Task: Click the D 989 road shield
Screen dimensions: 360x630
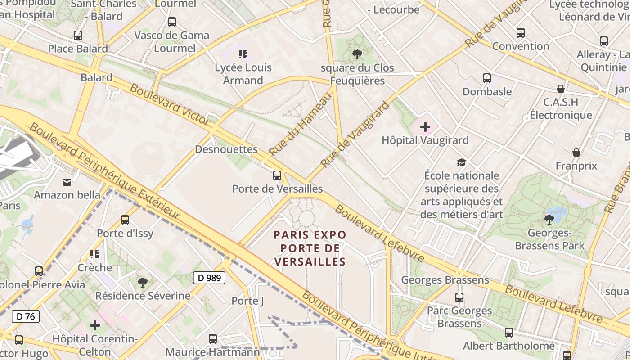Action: pyautogui.click(x=209, y=278)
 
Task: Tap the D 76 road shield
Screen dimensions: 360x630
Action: pyautogui.click(x=26, y=316)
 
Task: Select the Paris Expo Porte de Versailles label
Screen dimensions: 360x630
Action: pyautogui.click(x=310, y=248)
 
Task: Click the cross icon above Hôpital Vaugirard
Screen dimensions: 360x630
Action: pyautogui.click(x=425, y=127)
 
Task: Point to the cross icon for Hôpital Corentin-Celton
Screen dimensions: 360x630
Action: pyautogui.click(x=94, y=325)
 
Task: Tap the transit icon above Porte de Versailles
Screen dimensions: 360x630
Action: pyautogui.click(x=277, y=175)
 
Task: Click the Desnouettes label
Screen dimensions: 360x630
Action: pyautogui.click(x=226, y=149)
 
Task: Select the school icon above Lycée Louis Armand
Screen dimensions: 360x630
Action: pyautogui.click(x=243, y=55)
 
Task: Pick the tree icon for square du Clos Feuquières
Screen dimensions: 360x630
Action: pyautogui.click(x=357, y=55)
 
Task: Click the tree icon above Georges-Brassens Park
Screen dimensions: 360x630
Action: pyautogui.click(x=549, y=220)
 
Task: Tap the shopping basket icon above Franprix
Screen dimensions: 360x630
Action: pyautogui.click(x=576, y=153)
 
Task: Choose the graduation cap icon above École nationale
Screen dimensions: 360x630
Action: pyautogui.click(x=462, y=162)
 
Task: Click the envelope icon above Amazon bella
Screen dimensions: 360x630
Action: pyautogui.click(x=67, y=182)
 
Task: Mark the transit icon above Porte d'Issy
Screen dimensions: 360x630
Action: pyautogui.click(x=125, y=220)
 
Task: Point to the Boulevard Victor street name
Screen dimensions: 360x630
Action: pyautogui.click(x=170, y=104)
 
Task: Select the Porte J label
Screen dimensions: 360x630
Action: pyautogui.click(x=247, y=301)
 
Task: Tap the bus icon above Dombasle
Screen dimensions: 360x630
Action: pyautogui.click(x=487, y=78)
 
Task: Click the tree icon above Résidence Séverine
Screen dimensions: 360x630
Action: pyautogui.click(x=143, y=283)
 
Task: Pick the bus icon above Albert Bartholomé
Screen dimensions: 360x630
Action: pyautogui.click(x=509, y=333)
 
